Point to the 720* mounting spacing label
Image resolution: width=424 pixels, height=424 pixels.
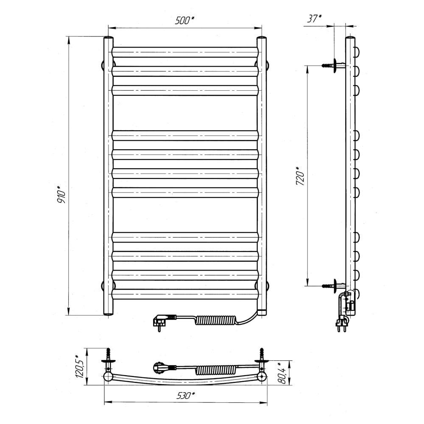pos(300,176)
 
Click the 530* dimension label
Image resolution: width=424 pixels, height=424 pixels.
pos(186,396)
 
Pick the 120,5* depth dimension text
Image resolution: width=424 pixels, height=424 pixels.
pos(80,366)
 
